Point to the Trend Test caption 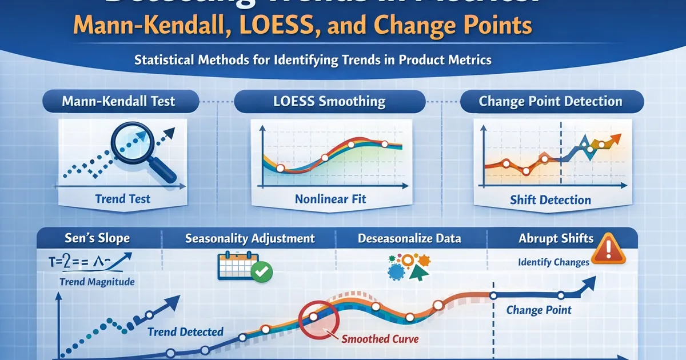click(123, 199)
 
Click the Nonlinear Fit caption click(330, 199)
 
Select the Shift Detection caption click(550, 200)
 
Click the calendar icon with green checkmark click(244, 266)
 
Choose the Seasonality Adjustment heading click(250, 238)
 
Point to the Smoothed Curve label click(380, 339)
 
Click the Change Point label click(539, 310)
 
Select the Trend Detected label click(185, 332)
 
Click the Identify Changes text click(553, 262)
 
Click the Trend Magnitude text click(97, 282)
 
